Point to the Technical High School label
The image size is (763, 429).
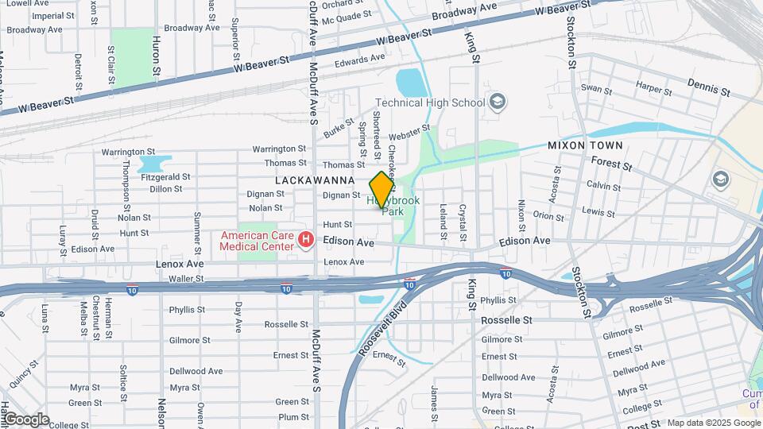click(x=429, y=102)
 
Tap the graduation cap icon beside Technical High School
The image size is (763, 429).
click(x=498, y=101)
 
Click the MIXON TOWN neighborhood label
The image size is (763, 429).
click(x=585, y=146)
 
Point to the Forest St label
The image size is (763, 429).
click(x=611, y=164)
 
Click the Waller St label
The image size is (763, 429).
click(x=187, y=279)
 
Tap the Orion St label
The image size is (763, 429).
click(x=548, y=214)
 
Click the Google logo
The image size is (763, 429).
click(x=26, y=419)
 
